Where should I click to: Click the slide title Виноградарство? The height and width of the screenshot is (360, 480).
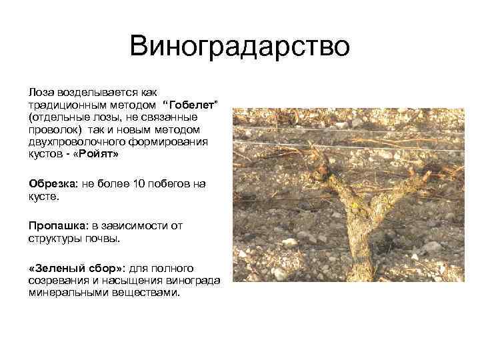pyautogui.click(x=240, y=46)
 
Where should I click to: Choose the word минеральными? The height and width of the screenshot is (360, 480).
pyautogui.click(x=63, y=292)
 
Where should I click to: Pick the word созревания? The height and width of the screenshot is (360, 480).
pyautogui.click(x=58, y=280)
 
